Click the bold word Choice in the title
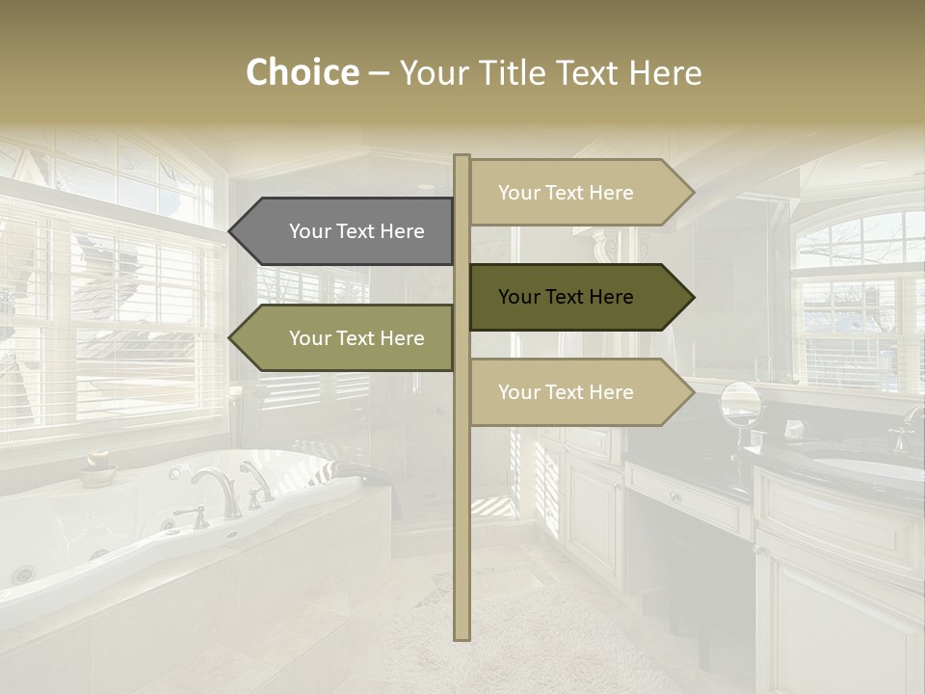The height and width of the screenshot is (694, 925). pos(302,73)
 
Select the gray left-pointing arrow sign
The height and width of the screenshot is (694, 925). pos(342,231)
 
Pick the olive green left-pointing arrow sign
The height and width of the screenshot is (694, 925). pos(342,338)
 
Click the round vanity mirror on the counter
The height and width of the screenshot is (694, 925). pos(740,403)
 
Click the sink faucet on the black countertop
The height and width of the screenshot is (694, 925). pos(907,429)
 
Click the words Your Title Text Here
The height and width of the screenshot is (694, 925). pos(550,73)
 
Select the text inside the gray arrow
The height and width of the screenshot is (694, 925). pos(357,231)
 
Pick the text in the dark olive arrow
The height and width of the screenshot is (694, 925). pos(566,297)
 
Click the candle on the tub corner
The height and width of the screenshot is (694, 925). pos(235,405)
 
